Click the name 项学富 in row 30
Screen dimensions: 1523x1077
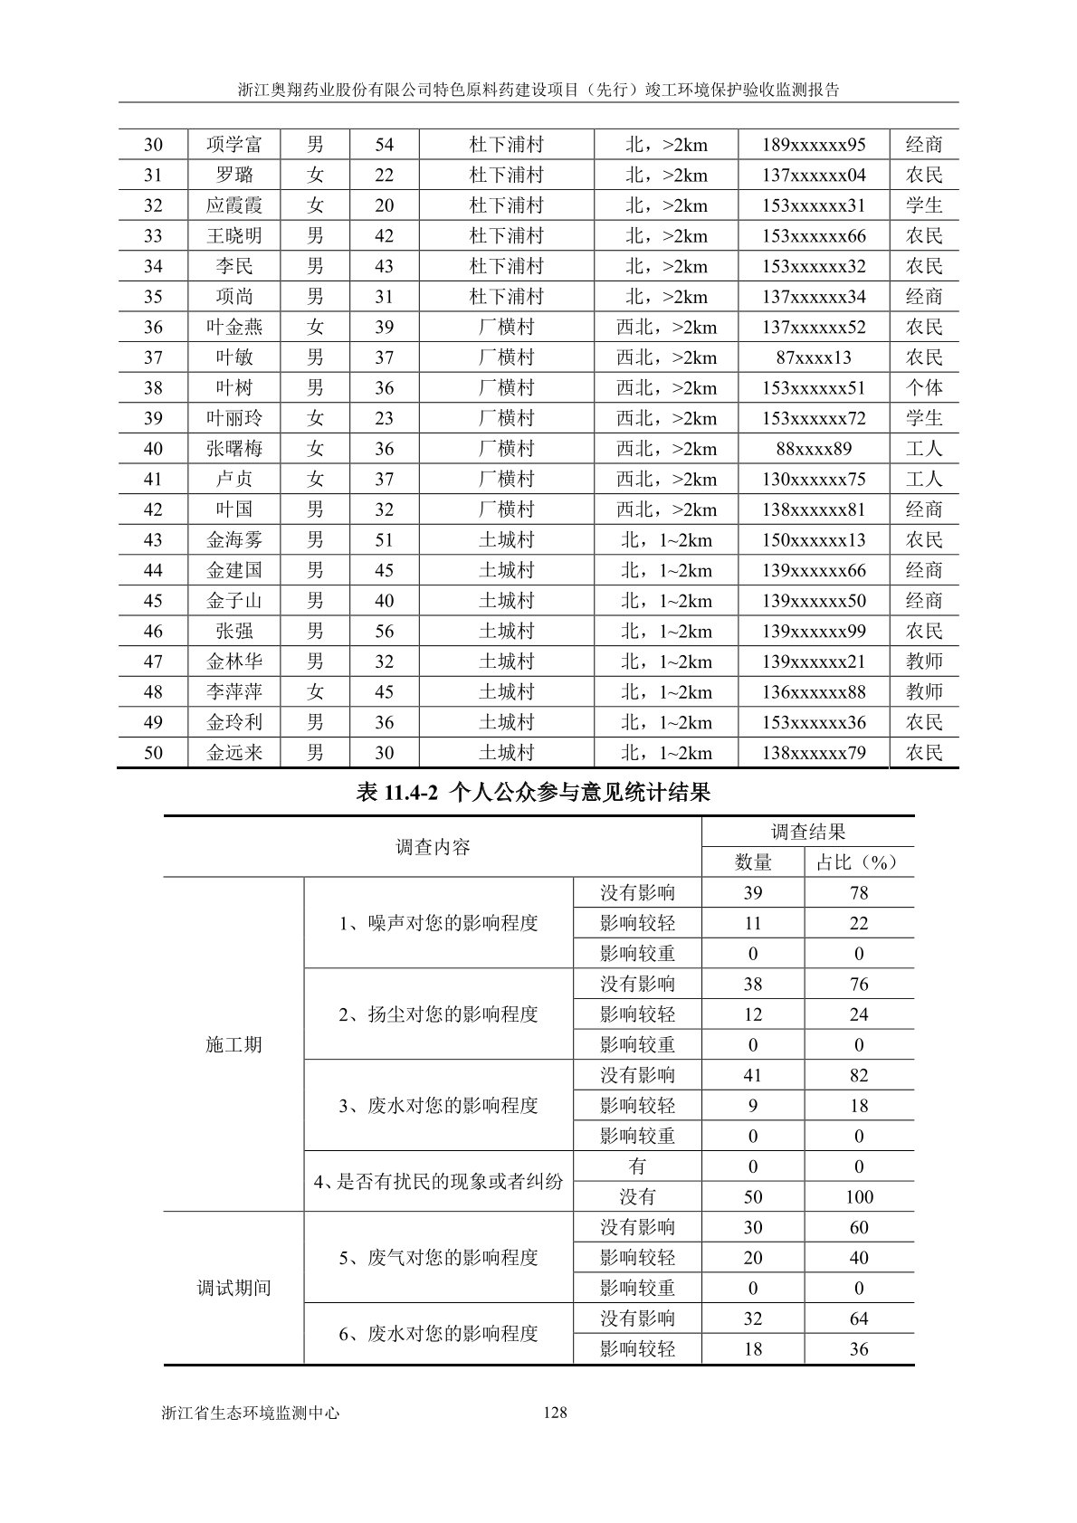click(x=234, y=145)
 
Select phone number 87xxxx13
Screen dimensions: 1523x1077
click(x=814, y=357)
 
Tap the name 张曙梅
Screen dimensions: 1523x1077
click(x=234, y=449)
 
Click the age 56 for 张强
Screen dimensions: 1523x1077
click(x=385, y=632)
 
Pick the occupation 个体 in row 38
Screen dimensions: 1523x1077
click(x=924, y=388)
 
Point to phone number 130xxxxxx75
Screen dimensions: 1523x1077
click(x=814, y=480)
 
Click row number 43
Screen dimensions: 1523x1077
click(x=153, y=540)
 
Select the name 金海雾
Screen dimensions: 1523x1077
click(x=234, y=540)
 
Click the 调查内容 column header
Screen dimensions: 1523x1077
click(x=433, y=848)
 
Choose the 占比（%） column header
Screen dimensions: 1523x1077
click(x=858, y=862)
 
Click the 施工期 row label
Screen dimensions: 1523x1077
click(x=234, y=1045)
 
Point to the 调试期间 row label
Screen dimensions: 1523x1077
click(x=234, y=1288)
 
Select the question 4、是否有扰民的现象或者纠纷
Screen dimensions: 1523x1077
click(x=439, y=1182)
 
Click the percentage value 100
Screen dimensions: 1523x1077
click(x=858, y=1197)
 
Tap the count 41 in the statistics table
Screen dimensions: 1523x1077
click(x=752, y=1076)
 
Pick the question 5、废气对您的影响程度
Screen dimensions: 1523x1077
click(x=439, y=1258)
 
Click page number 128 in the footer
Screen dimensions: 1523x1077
click(x=555, y=1412)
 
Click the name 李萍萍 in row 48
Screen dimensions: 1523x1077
click(x=234, y=692)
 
